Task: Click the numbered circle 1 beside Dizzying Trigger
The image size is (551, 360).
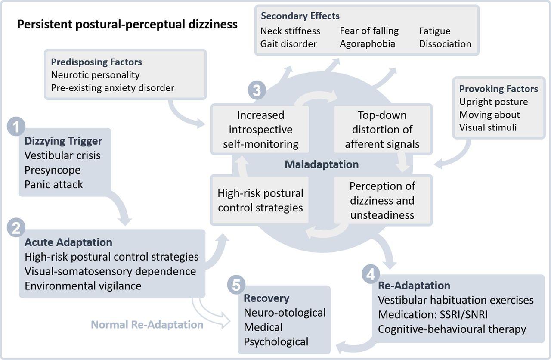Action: coord(16,127)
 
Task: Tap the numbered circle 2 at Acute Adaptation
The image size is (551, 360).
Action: coord(16,228)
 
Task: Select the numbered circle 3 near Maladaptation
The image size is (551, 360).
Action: coord(257,91)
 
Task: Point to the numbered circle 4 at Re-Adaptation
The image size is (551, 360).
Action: coord(371,273)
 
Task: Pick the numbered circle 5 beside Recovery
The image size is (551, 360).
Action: coord(236,285)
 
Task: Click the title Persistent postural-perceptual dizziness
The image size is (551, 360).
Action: coord(127,24)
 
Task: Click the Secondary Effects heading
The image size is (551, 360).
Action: coord(300,16)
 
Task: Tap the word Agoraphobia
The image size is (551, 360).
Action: coord(367,43)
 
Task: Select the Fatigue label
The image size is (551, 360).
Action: coord(435,31)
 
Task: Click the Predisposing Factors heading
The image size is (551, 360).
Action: coord(96,62)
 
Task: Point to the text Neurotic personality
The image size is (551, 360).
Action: coord(95,74)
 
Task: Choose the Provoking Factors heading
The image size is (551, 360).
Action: coord(498,89)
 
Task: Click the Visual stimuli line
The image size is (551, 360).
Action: coord(488,127)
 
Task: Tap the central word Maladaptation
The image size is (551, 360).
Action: coord(321,164)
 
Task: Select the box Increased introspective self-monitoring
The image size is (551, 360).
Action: coord(260,129)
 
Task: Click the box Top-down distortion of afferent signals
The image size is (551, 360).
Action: coord(382,129)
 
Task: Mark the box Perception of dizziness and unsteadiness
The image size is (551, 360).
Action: coord(382,200)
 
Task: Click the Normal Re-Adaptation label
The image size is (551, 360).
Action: coord(147,324)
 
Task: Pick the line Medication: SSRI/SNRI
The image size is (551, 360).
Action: coord(433,314)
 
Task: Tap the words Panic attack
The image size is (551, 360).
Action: coord(54,184)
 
